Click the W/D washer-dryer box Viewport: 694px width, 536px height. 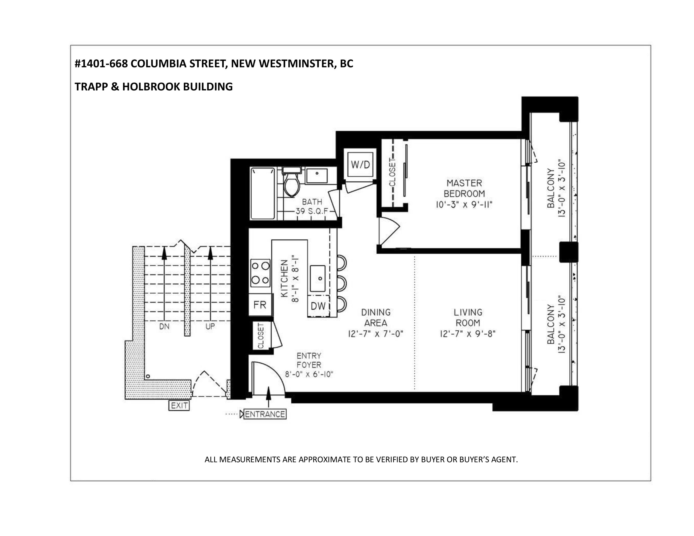tap(360, 164)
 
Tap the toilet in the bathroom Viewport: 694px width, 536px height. tap(291, 183)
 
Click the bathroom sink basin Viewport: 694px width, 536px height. tap(317, 176)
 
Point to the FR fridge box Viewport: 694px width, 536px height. tap(260, 305)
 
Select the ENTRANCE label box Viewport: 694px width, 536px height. tap(265, 414)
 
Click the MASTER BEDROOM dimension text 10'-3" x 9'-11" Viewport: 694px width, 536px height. tap(464, 204)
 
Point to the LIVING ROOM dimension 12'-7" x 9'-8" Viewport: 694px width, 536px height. tap(468, 334)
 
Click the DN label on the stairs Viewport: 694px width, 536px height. tap(164, 326)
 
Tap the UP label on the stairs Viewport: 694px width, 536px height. tap(210, 326)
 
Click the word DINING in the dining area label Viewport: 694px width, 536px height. tap(376, 312)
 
